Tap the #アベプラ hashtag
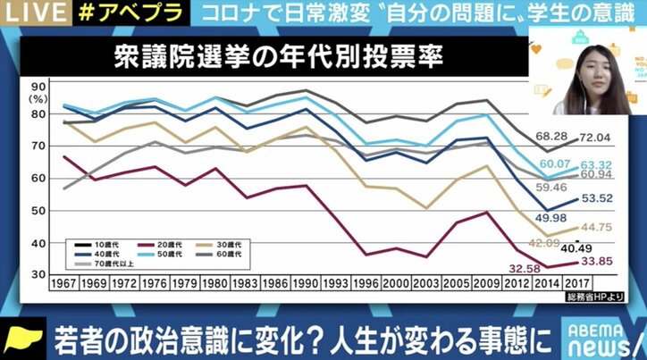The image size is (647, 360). pos(102,12)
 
